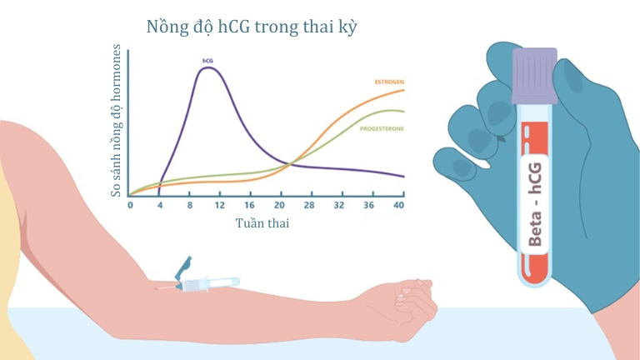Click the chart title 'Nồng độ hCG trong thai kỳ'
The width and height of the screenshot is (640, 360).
[252, 27]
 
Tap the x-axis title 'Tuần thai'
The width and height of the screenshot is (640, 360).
[262, 223]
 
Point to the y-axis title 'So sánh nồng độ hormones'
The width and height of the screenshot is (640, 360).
[116, 120]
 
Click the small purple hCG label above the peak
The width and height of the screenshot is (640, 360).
[207, 61]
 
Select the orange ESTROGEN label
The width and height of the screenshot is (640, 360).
[389, 82]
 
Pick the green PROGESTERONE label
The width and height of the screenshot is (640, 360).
[382, 128]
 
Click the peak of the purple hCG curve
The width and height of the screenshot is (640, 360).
[208, 67]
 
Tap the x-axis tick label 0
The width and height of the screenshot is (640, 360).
[130, 205]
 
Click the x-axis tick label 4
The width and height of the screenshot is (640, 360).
[160, 205]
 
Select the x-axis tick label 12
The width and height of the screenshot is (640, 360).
[220, 205]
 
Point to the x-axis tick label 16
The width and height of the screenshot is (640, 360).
[249, 205]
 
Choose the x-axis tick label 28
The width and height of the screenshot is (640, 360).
[309, 205]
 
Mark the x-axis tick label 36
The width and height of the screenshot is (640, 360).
[368, 205]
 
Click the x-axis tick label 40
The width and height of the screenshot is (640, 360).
[399, 205]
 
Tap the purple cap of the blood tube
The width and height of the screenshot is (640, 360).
[535, 76]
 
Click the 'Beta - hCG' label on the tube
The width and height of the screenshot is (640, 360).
[535, 204]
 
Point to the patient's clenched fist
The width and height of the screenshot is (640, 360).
[408, 305]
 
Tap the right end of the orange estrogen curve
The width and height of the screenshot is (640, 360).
[404, 90]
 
